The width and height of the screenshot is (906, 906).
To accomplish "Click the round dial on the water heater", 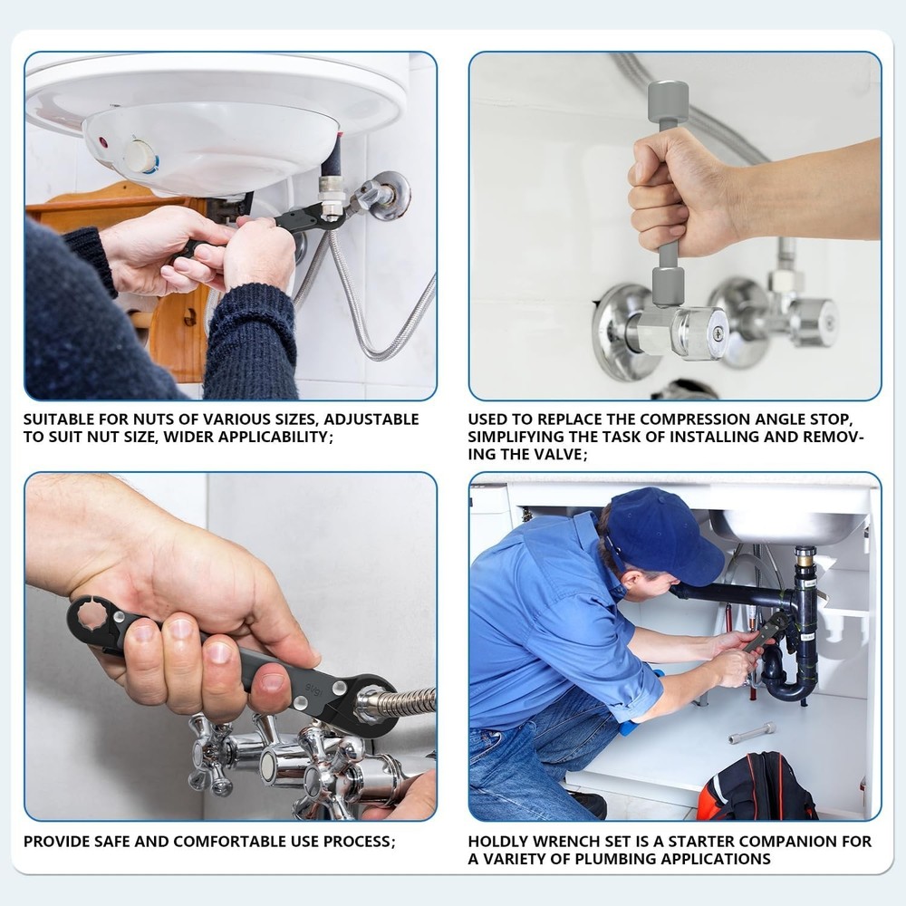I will click(x=140, y=156).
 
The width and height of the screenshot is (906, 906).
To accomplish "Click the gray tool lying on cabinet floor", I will click(x=752, y=733).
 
